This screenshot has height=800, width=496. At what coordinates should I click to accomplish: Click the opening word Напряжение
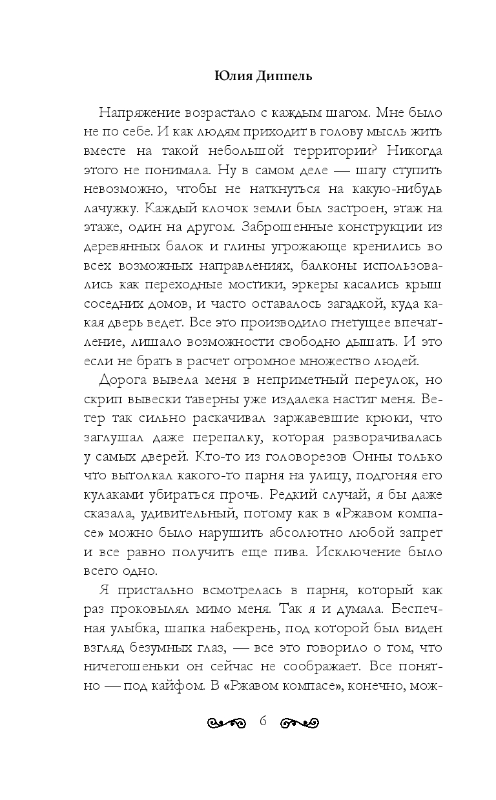[136, 112]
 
